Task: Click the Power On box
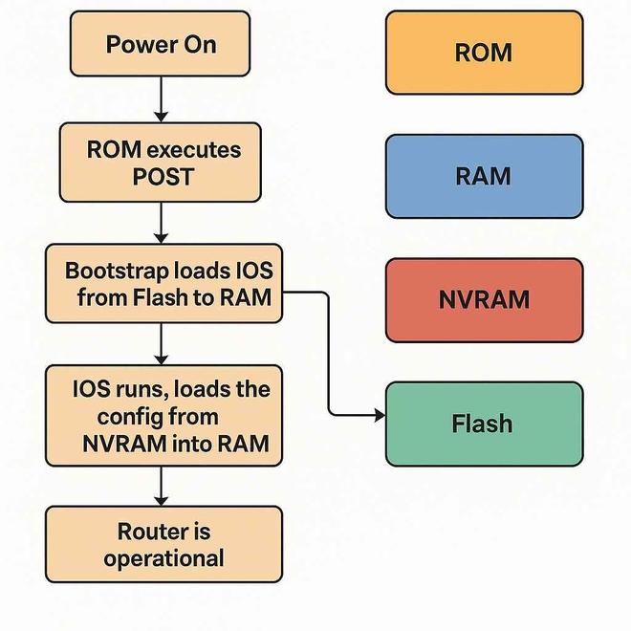coord(161,44)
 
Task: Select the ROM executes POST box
coord(161,163)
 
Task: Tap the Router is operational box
coord(163,544)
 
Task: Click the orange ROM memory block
coord(484,53)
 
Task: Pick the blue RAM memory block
coord(484,176)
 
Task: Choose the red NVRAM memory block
coord(484,299)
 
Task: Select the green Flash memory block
coord(484,424)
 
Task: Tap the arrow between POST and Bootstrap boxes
coord(161,223)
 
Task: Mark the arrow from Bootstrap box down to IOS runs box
coord(161,343)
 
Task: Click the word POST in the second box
coord(163,177)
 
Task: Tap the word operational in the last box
coord(163,557)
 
